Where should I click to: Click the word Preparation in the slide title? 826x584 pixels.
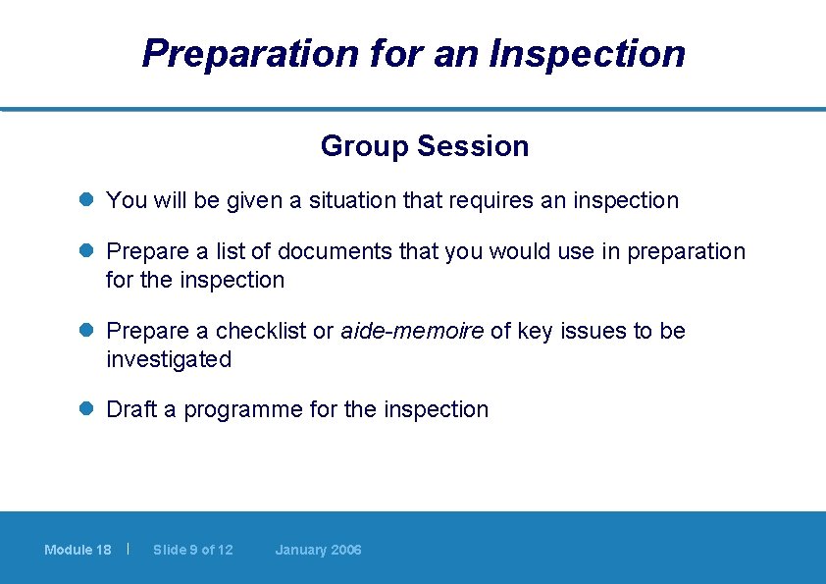pyautogui.click(x=250, y=53)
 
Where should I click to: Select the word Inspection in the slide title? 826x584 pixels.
pyautogui.click(x=587, y=53)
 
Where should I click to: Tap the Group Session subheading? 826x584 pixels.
pyautogui.click(x=424, y=146)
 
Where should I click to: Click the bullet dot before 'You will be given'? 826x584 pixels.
pyautogui.click(x=86, y=200)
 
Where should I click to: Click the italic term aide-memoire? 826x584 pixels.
pyautogui.click(x=412, y=332)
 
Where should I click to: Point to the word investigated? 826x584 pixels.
pyautogui.click(x=169, y=360)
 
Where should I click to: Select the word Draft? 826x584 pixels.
pyautogui.click(x=131, y=410)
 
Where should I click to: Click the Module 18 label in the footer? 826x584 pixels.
pyautogui.click(x=77, y=550)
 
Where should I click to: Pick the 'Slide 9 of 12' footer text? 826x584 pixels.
pyautogui.click(x=193, y=550)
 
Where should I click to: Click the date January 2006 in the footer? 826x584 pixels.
pyautogui.click(x=318, y=550)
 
